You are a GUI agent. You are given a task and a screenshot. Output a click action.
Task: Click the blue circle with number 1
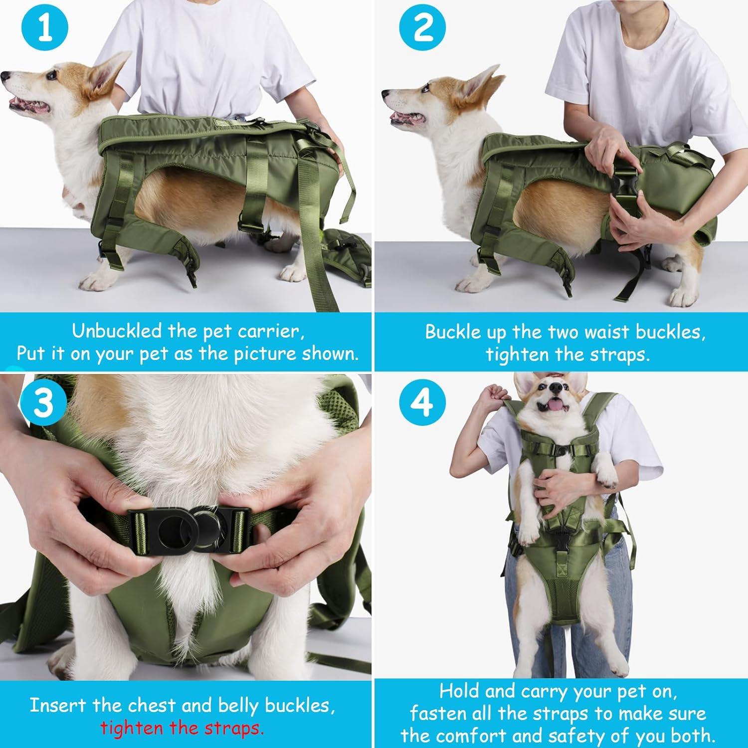pos(45,28)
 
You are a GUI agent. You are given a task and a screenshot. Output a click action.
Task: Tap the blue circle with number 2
pos(422,28)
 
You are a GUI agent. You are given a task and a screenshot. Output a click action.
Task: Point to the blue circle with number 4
pos(422,402)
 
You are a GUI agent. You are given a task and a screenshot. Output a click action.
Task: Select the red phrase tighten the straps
pos(182,728)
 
